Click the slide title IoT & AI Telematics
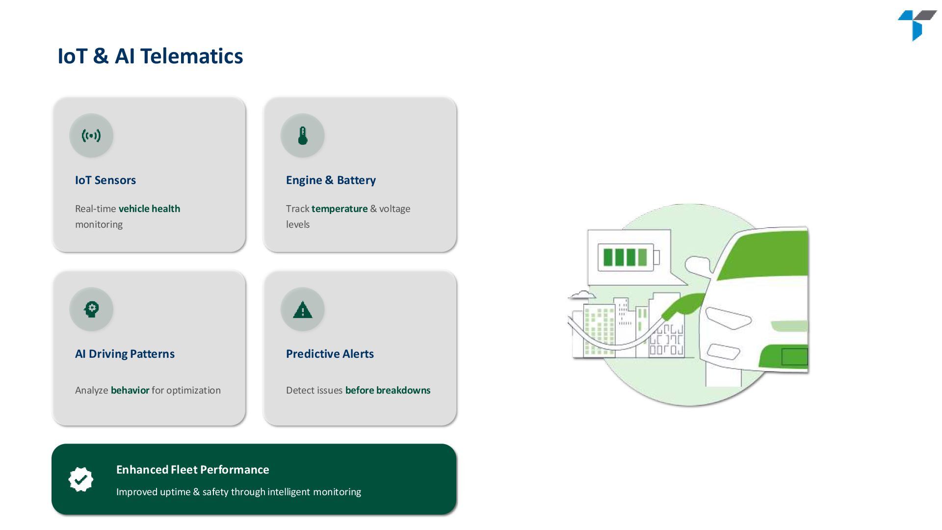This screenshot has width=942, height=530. (150, 56)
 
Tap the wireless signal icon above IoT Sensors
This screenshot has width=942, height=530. (91, 135)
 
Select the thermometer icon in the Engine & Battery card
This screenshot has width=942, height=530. (303, 135)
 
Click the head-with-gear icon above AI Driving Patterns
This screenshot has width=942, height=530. (91, 309)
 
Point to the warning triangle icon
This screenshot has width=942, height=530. (303, 310)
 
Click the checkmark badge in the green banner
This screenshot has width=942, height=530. (81, 479)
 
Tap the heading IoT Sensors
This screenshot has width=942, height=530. (105, 180)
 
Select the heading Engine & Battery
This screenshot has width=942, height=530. (331, 180)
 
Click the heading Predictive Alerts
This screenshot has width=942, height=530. (330, 354)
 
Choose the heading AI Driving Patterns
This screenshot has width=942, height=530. (125, 354)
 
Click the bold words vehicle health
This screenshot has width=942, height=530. (149, 209)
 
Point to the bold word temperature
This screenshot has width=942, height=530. (340, 209)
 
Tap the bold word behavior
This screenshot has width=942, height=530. (130, 390)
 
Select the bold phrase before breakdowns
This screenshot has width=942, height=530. (388, 390)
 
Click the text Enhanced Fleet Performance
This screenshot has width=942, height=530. (192, 470)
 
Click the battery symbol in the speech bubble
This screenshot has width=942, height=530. (628, 257)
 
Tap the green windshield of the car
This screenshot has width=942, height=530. (765, 255)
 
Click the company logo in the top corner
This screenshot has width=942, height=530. (916, 25)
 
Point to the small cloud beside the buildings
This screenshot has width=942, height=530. (582, 295)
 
